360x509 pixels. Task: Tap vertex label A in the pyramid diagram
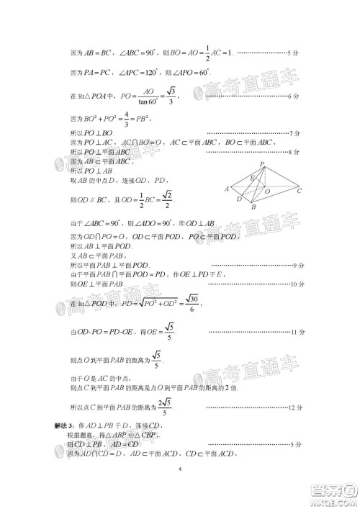(x=226, y=189)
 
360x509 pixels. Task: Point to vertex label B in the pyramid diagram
(x=253, y=207)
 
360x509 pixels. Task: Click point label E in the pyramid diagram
(x=251, y=177)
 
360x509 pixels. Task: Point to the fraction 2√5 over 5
(x=165, y=407)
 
